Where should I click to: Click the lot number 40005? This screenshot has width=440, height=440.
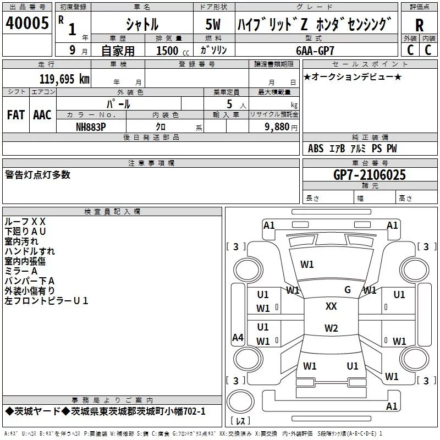[27, 23]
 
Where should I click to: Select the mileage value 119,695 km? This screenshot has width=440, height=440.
[64, 79]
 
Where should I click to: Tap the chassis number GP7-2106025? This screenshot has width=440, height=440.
[370, 175]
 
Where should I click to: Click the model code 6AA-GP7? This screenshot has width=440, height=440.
[315, 51]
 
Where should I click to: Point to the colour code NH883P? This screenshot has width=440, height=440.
[91, 127]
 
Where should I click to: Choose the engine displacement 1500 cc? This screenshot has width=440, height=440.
[173, 51]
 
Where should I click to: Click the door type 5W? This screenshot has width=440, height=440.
[213, 24]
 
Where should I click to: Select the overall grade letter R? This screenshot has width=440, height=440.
[419, 25]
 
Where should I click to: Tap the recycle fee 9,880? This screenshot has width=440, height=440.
[277, 127]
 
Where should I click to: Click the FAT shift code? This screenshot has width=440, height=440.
[16, 115]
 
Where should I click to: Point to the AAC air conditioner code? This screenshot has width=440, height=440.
[42, 115]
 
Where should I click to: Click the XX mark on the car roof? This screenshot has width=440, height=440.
[331, 306]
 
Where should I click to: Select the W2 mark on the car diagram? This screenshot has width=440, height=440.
[331, 328]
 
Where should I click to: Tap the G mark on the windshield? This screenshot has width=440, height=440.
[348, 290]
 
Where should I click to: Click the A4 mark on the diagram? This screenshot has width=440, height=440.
[238, 337]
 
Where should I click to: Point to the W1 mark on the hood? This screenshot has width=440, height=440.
[307, 265]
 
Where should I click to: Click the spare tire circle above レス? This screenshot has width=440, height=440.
[240, 401]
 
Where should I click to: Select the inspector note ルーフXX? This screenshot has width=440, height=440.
[25, 222]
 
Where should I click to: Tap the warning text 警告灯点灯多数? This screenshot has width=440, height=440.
[37, 175]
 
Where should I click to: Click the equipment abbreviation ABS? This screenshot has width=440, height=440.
[316, 148]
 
